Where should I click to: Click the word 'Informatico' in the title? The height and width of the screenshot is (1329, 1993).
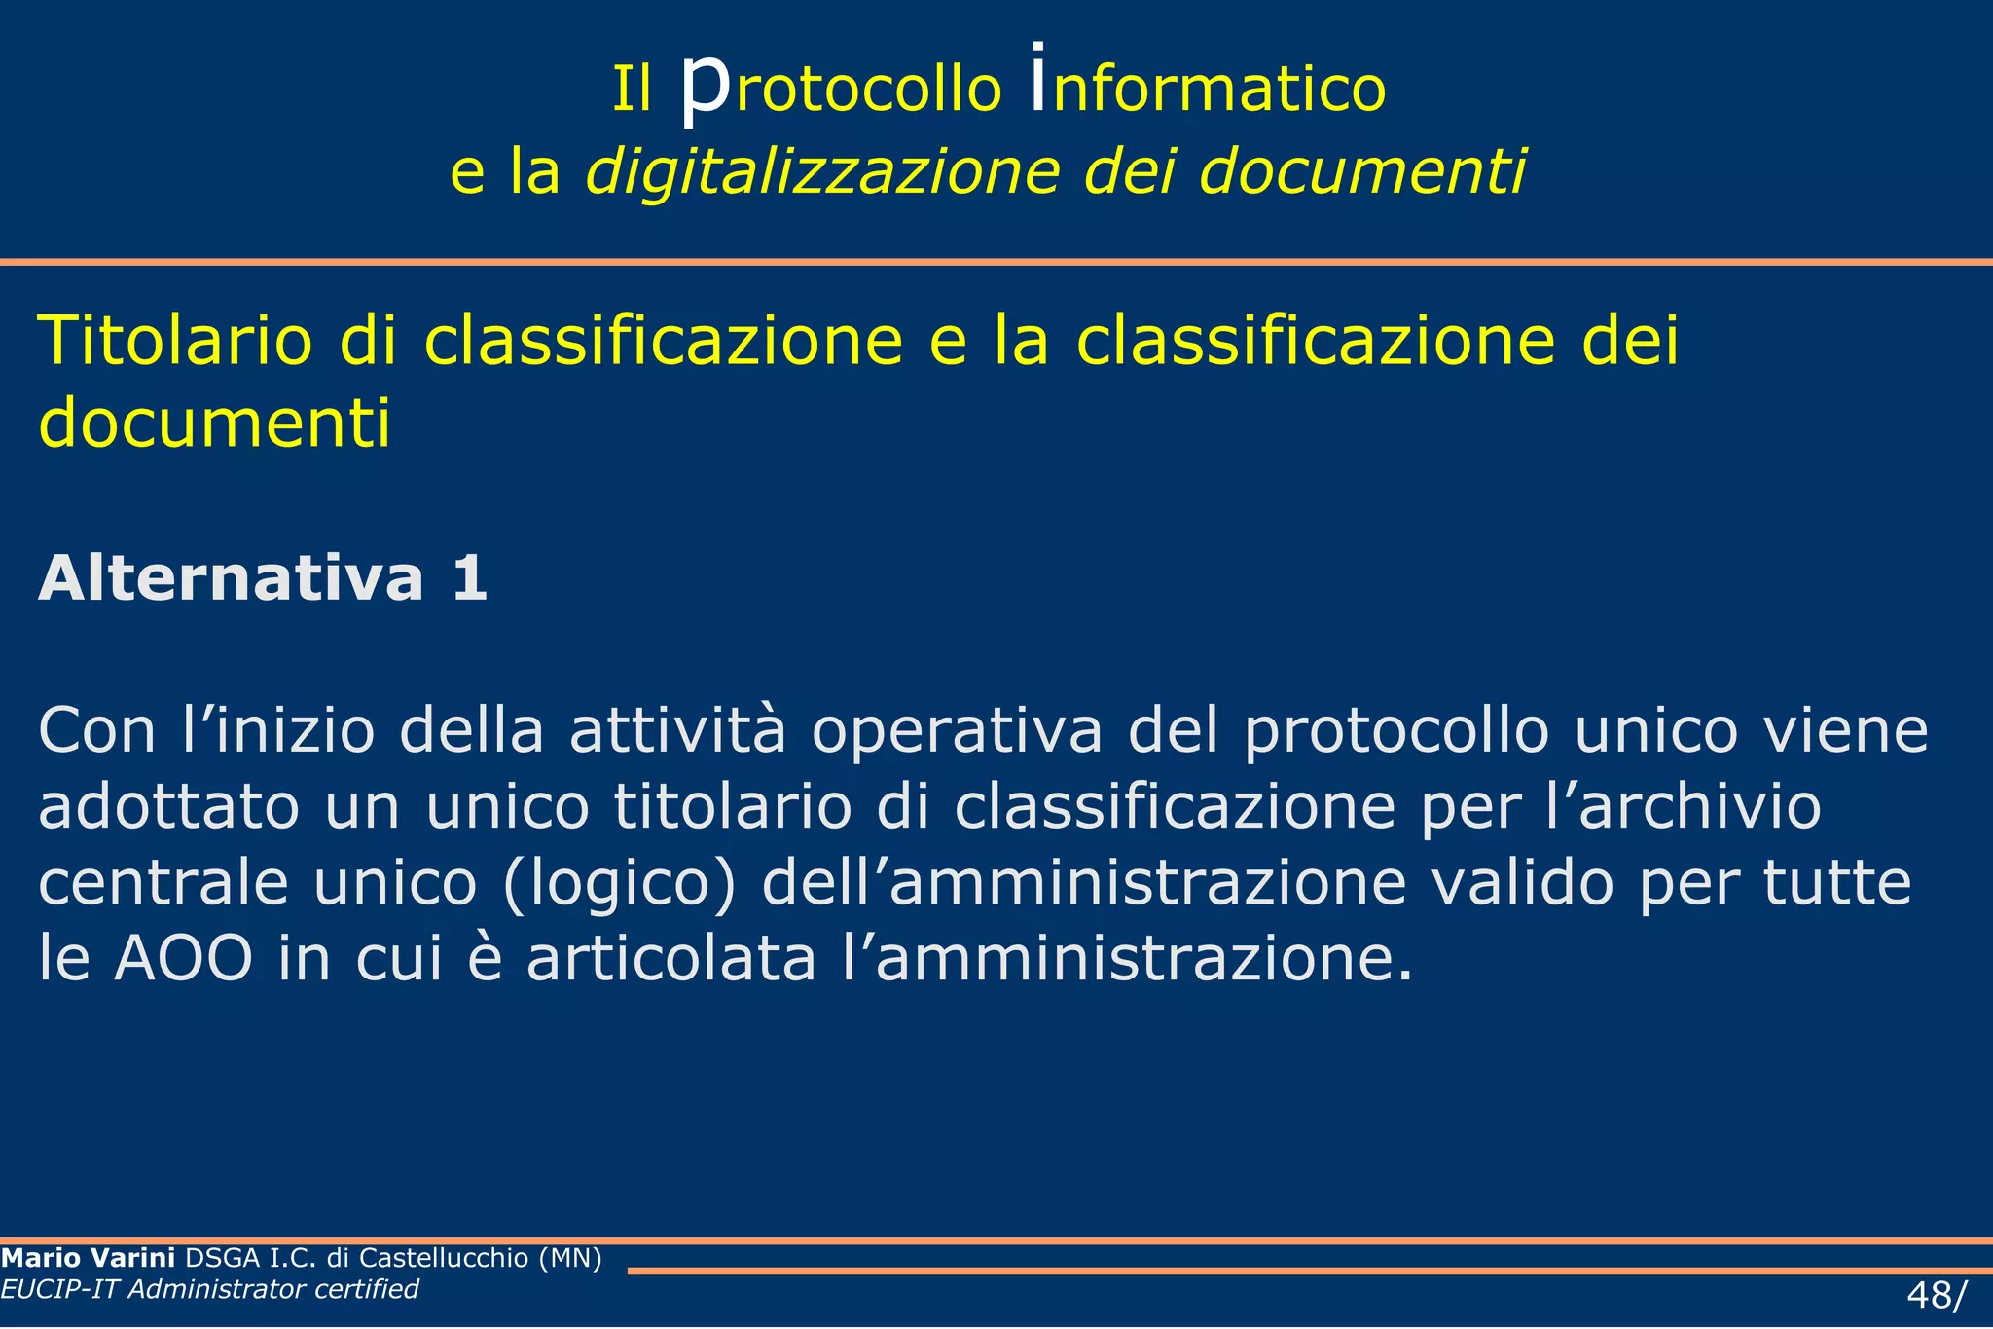pyautogui.click(x=1208, y=88)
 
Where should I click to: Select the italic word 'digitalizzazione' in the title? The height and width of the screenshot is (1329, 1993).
pyautogui.click(x=822, y=171)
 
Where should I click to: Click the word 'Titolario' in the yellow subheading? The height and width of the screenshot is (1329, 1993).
pyautogui.click(x=175, y=341)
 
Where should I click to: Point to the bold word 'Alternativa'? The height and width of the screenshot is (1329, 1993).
pyautogui.click(x=231, y=578)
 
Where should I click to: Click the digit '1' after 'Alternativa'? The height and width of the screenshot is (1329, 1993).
pyautogui.click(x=469, y=578)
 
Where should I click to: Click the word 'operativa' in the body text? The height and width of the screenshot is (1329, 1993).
pyautogui.click(x=958, y=732)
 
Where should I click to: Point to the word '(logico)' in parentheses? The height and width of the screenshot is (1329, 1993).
pyautogui.click(x=619, y=884)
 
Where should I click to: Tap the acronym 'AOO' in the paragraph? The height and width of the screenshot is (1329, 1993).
pyautogui.click(x=183, y=959)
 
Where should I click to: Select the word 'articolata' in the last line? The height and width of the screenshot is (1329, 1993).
pyautogui.click(x=671, y=959)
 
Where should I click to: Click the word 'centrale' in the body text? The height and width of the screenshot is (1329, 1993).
pyautogui.click(x=163, y=882)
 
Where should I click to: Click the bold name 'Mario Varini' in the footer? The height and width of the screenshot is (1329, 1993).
pyautogui.click(x=88, y=1258)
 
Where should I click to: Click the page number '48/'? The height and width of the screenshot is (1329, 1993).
pyautogui.click(x=1936, y=1296)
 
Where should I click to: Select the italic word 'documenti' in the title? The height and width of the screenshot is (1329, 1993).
pyautogui.click(x=1361, y=171)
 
